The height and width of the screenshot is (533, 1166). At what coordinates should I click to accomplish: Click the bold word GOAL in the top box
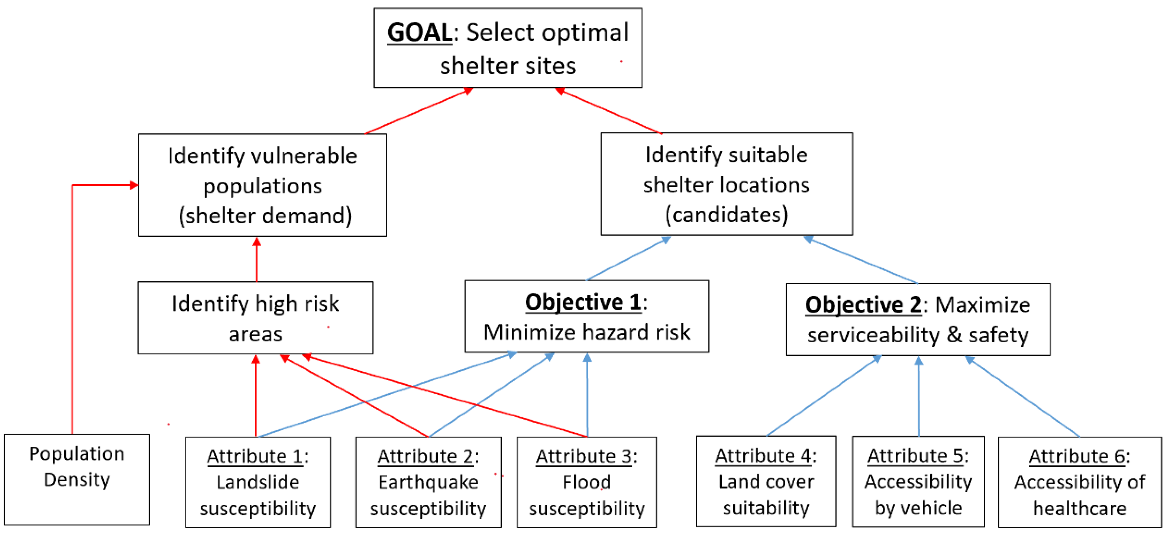coord(419,33)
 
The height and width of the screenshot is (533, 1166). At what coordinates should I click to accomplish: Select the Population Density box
coord(77,479)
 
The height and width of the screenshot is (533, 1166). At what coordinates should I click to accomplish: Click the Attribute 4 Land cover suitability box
coord(766,481)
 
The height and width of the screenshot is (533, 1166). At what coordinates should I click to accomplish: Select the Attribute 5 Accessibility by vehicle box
coord(918,481)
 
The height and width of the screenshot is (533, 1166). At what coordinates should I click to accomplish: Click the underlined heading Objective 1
coord(583,302)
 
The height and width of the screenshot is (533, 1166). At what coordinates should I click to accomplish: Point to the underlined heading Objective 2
coord(863,305)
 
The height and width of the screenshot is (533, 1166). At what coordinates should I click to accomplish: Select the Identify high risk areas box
coord(256,318)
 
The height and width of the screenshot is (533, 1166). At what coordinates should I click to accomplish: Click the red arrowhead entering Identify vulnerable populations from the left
coord(134,185)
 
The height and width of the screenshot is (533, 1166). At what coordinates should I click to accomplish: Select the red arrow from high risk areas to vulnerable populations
coord(257,260)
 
